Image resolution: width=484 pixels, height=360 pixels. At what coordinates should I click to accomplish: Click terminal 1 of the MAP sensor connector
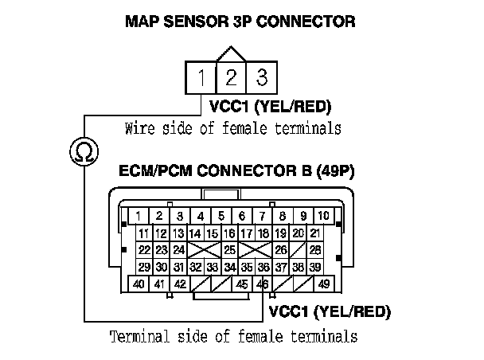coord(203,79)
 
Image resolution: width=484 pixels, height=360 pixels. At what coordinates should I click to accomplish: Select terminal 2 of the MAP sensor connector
coord(231,79)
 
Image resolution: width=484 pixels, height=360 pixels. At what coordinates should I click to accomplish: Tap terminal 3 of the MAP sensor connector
coord(260,79)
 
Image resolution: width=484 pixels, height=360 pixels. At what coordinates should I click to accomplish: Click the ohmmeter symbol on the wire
coord(80,149)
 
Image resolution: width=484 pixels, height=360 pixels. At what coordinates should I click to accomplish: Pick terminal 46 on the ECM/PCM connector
coord(263,284)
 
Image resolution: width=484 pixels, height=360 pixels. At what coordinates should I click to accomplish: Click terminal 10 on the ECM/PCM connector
coord(323,216)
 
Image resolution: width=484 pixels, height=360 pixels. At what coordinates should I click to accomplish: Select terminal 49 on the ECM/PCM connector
coord(323,284)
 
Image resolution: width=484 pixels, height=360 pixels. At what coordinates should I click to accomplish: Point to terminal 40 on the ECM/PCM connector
coord(139,284)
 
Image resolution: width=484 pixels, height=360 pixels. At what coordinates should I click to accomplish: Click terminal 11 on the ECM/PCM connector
coord(144,233)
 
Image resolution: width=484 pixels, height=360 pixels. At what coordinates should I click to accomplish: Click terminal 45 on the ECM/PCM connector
coord(242,284)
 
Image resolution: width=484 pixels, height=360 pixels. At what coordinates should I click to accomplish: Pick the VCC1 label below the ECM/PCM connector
coord(287,310)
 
